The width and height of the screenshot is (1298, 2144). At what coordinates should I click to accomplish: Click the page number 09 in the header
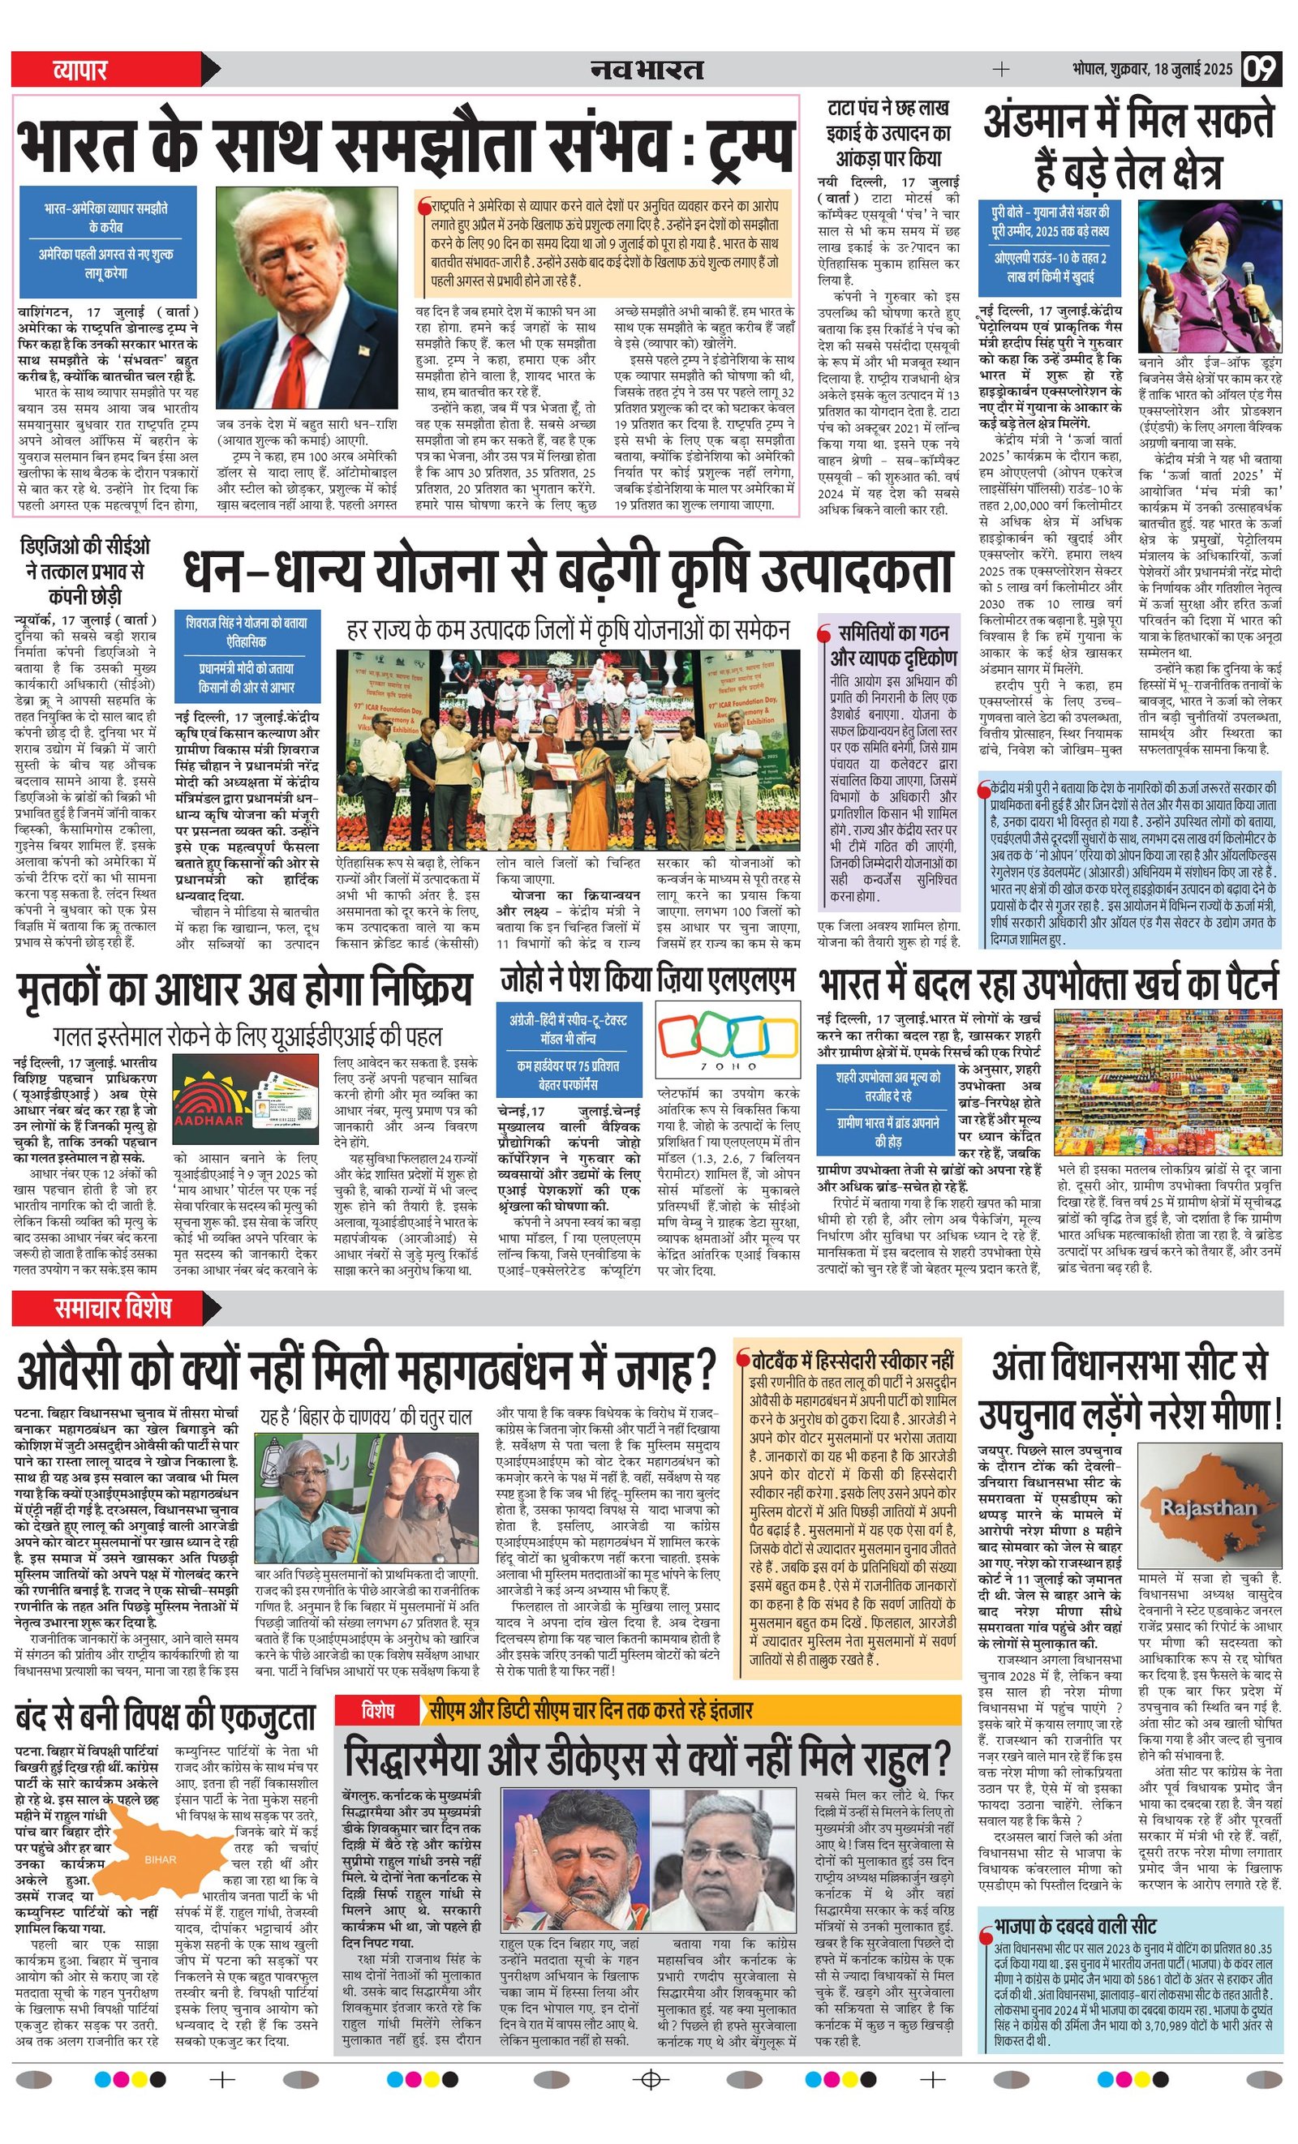pyautogui.click(x=1261, y=69)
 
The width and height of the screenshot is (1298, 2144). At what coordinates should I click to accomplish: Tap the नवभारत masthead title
pyautogui.click(x=647, y=69)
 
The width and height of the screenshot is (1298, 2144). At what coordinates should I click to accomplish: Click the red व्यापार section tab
pyautogui.click(x=80, y=69)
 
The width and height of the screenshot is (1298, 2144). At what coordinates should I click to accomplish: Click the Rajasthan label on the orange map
pyautogui.click(x=1207, y=1507)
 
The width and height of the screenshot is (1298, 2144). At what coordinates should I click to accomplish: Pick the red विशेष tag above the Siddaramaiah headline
pyautogui.click(x=378, y=1710)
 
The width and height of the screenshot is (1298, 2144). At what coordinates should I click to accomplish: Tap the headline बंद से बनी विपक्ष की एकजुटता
pyautogui.click(x=165, y=1717)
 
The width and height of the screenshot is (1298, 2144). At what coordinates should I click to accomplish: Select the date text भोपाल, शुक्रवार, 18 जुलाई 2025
pyautogui.click(x=1152, y=69)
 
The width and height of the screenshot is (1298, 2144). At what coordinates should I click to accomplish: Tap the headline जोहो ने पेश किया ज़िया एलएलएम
pyautogui.click(x=647, y=980)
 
